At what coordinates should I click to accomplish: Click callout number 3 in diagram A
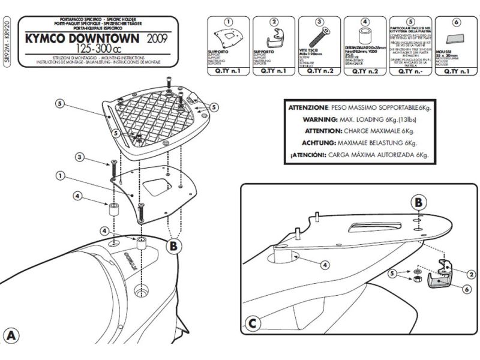[79, 157]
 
